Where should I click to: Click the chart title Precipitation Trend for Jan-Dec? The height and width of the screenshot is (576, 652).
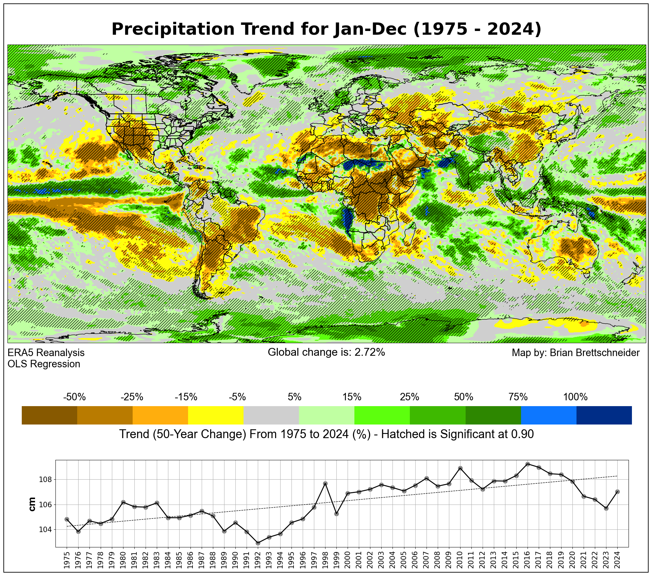(326, 29)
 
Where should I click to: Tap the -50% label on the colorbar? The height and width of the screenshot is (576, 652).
(74, 397)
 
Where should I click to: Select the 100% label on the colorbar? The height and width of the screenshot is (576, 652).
(575, 397)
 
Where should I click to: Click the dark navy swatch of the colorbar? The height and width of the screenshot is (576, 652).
(604, 415)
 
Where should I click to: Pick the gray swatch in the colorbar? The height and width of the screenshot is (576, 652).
(271, 415)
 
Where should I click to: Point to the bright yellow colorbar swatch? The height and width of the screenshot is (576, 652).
(216, 415)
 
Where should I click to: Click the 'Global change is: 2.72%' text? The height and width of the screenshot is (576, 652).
(326, 352)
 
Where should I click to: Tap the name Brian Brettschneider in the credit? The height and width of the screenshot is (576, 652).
(595, 353)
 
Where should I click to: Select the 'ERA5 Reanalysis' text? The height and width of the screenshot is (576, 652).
(46, 353)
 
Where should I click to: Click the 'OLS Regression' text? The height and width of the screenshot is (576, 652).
(44, 364)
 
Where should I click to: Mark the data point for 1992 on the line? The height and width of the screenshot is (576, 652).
(258, 543)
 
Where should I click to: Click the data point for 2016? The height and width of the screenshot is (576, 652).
(528, 464)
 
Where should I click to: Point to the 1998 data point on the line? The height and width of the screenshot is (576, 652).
(325, 483)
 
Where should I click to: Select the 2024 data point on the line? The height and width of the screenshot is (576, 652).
(617, 492)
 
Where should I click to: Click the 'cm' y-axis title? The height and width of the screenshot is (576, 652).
(32, 504)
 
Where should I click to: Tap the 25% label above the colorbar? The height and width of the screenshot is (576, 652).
(409, 397)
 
